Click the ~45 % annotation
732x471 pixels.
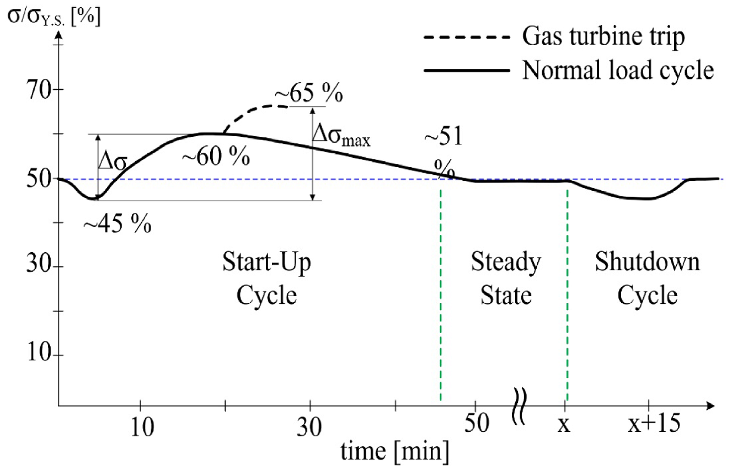coord(117,224)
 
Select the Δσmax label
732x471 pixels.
coord(341,135)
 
